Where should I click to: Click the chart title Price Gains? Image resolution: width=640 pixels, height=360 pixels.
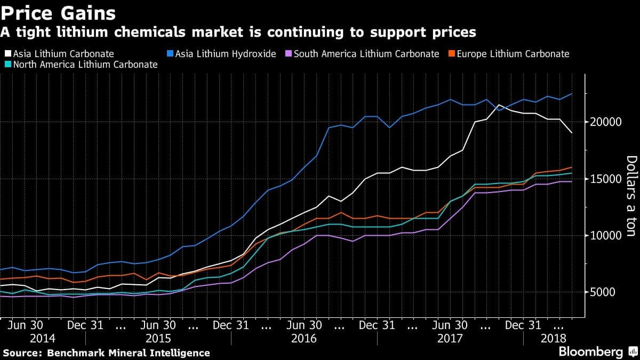pos(59,12)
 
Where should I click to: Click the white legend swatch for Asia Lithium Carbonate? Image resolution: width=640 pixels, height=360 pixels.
pos(6,54)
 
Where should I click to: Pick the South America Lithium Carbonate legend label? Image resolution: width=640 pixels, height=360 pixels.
pos(366,54)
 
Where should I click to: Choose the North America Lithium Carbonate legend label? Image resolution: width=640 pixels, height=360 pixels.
pos(85,65)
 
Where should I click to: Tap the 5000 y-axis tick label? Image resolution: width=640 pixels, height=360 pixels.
pos(604,292)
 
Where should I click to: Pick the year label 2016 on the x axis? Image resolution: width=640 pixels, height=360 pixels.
pos(305,338)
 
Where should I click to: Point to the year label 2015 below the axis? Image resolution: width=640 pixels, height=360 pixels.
pos(159,338)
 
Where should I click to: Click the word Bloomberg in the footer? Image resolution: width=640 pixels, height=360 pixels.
pos(590,352)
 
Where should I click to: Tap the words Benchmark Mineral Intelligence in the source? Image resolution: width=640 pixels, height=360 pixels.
pos(129,353)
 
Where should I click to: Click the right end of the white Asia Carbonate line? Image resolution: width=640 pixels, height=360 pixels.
pos(572,133)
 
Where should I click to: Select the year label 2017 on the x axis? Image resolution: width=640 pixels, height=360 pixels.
pos(450,338)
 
